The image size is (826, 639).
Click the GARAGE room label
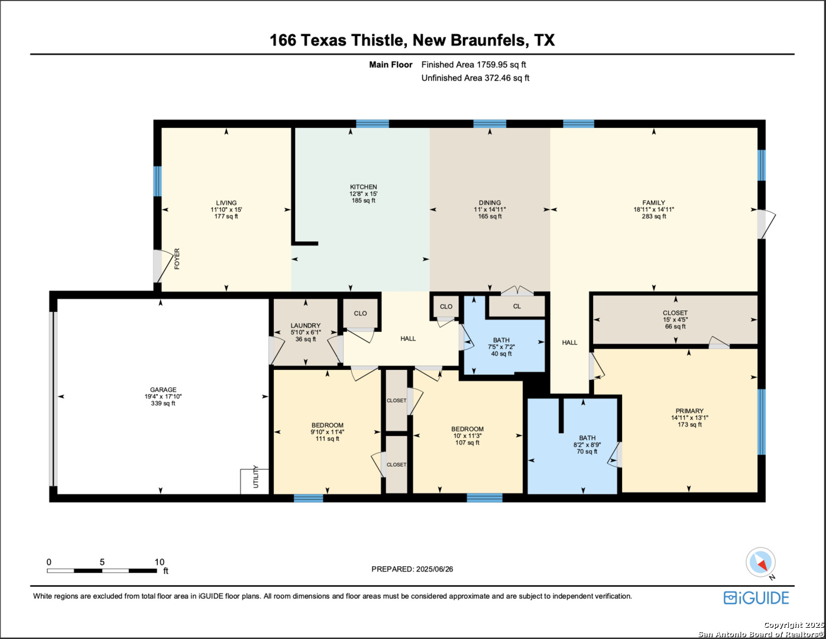click(x=163, y=389)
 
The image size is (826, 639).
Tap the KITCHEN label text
click(x=364, y=187)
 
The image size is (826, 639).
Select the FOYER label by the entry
click(x=177, y=259)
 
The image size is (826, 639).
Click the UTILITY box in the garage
click(x=255, y=482)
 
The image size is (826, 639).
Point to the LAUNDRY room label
click(x=306, y=325)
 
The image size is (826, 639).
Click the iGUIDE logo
click(x=756, y=598)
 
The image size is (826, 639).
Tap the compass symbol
click(x=760, y=563)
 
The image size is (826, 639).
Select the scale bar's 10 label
click(x=159, y=562)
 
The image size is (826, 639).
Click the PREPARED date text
click(x=412, y=569)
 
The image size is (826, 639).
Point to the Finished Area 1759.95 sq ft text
click(x=474, y=64)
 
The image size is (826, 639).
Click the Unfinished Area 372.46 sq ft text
click(x=475, y=78)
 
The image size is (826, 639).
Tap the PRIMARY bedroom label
click(x=689, y=411)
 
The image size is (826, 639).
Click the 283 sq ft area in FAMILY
click(x=654, y=217)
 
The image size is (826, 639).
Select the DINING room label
click(x=490, y=203)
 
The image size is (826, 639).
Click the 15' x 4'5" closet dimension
click(x=675, y=320)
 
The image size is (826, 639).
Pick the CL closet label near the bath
click(x=517, y=306)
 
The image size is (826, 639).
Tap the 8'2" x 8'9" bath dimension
click(x=587, y=445)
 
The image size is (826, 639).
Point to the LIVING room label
click(x=226, y=203)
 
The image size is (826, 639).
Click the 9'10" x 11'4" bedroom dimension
click(x=328, y=432)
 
